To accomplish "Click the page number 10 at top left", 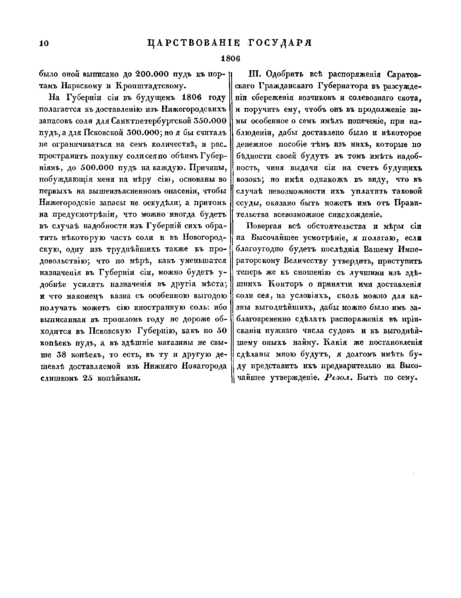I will click(x=43, y=43).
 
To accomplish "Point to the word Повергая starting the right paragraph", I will click(x=262, y=226).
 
